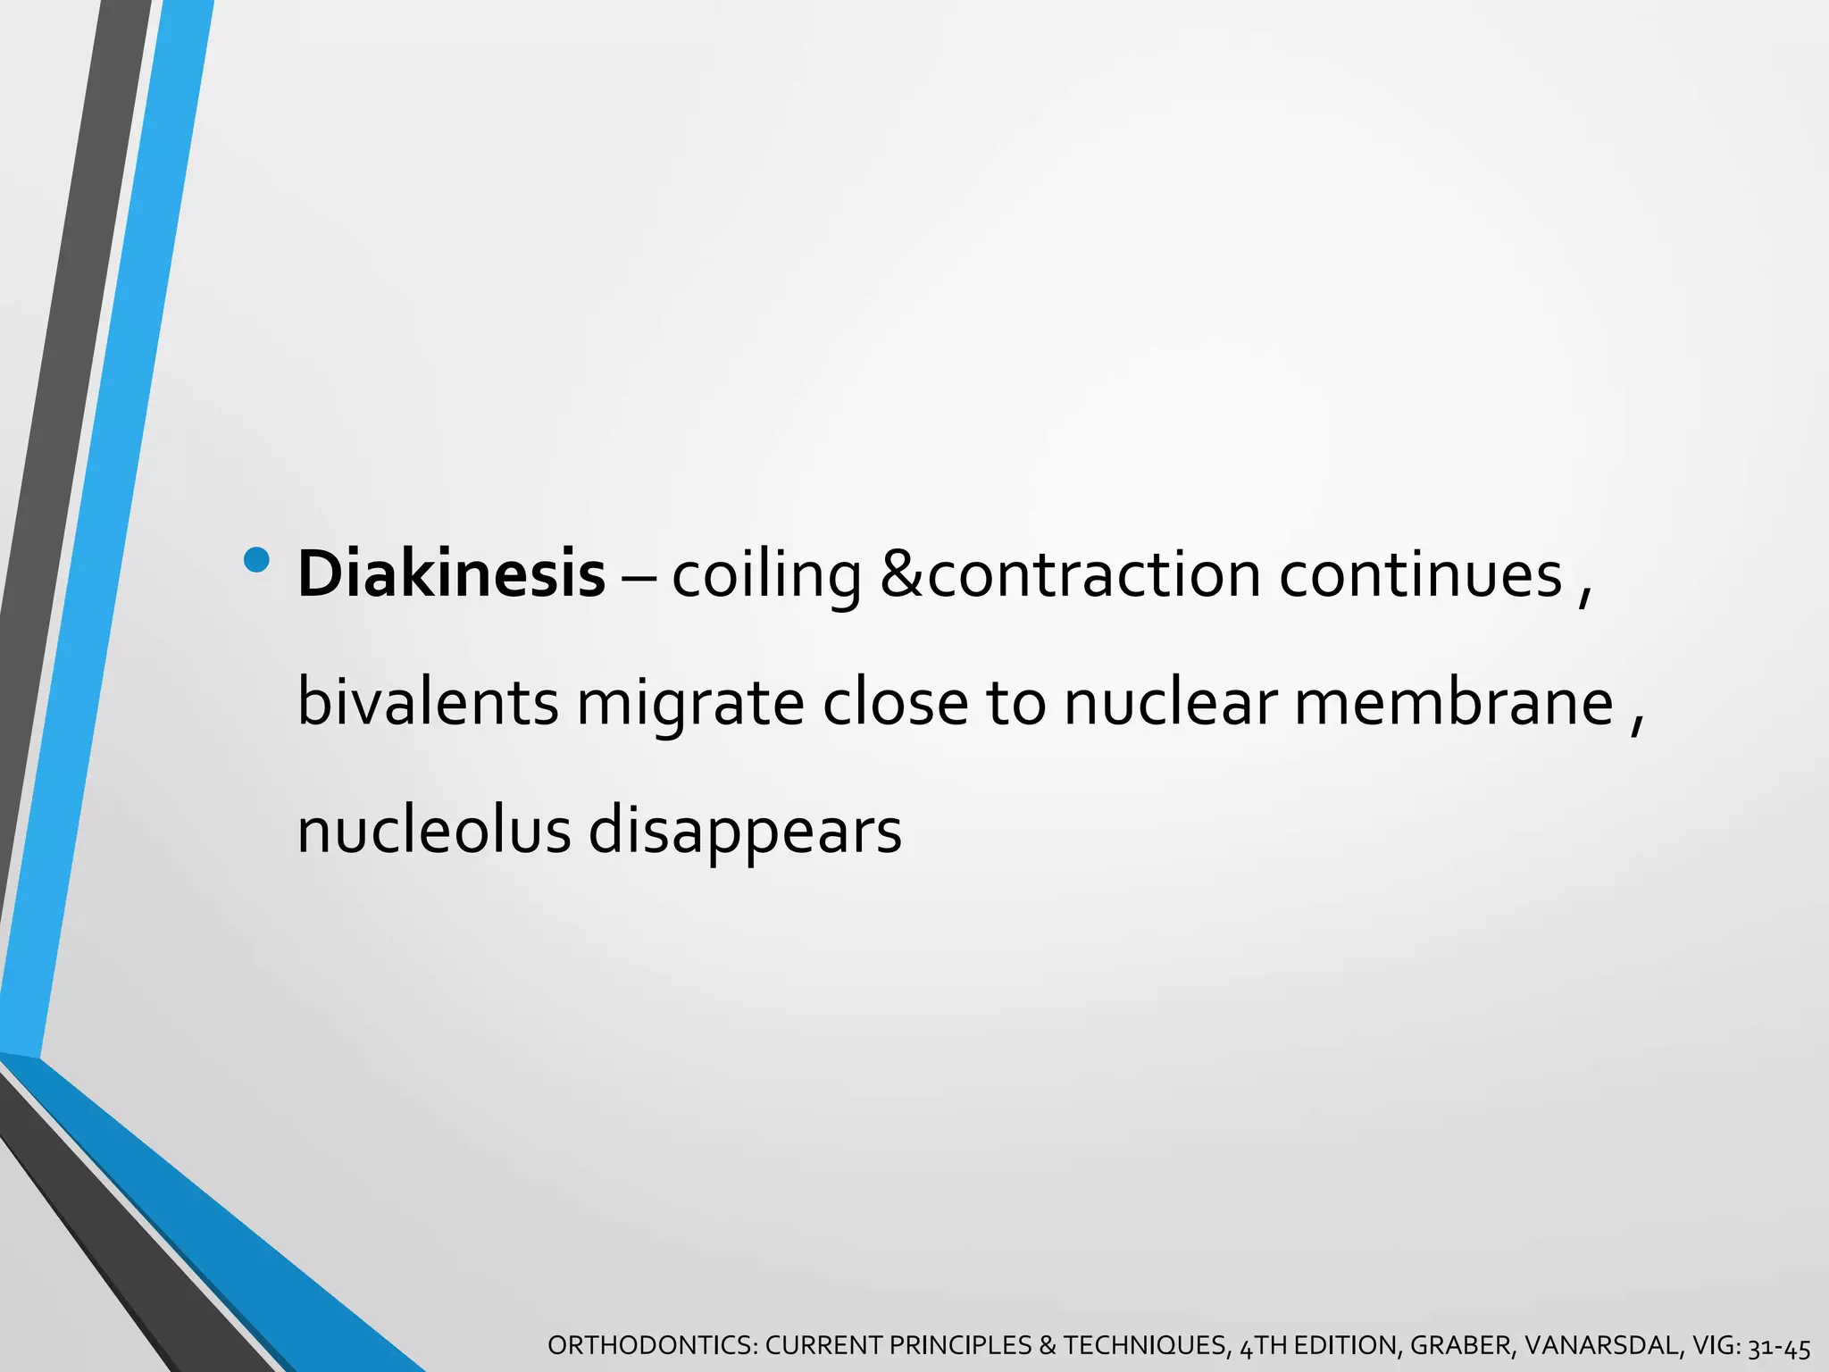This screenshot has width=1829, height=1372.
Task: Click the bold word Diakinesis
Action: coord(451,574)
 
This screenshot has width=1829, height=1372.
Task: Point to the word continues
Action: coord(1420,574)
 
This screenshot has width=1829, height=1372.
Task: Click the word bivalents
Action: coord(428,703)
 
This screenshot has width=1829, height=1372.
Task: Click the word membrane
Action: coord(1453,703)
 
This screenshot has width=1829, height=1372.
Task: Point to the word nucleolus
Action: coord(433,831)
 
